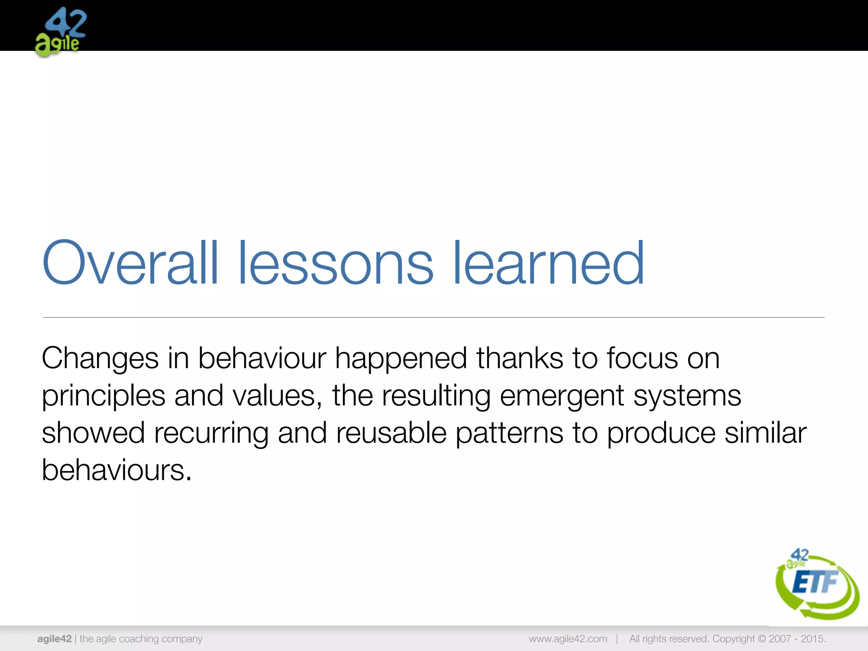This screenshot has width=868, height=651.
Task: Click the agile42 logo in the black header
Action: point(61,32)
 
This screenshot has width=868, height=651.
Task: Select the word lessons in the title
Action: point(336,264)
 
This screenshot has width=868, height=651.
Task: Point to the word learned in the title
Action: point(548,264)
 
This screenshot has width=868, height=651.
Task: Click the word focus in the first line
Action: point(642,359)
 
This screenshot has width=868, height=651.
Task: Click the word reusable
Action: point(391,433)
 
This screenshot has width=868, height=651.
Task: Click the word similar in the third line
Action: point(765,433)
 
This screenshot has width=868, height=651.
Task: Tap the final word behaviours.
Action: point(116,470)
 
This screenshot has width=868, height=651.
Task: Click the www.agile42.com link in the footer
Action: point(568,639)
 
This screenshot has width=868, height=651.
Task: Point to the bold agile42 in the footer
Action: point(54,639)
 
